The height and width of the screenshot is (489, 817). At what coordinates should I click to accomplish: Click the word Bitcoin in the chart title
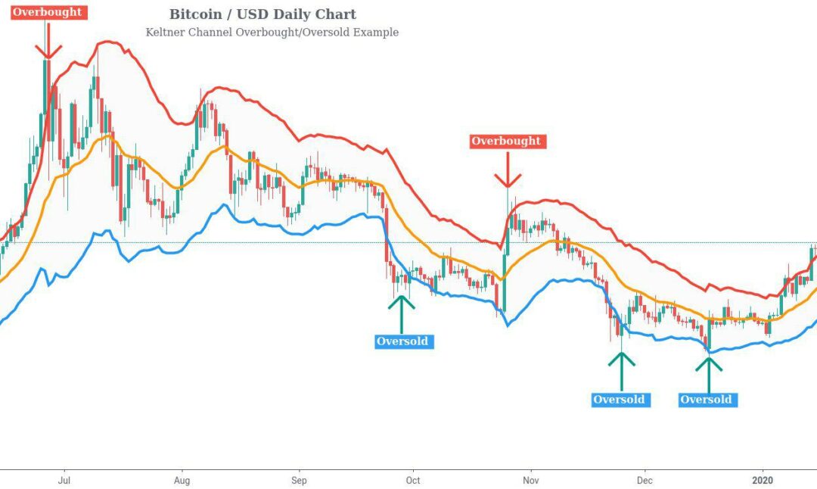(195, 14)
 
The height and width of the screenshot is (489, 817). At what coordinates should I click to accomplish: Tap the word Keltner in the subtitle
(165, 33)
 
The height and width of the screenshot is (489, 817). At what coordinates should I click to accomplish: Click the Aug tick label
(182, 480)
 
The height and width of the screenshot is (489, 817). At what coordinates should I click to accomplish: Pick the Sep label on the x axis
(299, 480)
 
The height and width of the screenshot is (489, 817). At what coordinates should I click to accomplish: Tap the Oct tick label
(413, 480)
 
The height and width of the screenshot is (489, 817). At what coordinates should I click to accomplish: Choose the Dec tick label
(645, 480)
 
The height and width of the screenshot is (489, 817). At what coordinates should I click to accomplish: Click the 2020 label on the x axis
(763, 480)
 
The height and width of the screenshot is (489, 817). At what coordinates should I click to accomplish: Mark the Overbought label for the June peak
(47, 12)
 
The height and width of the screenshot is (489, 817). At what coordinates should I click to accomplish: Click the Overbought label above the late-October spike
(506, 141)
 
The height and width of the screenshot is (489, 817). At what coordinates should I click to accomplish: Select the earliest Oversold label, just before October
(402, 341)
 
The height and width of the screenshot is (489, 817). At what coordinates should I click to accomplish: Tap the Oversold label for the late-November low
(620, 400)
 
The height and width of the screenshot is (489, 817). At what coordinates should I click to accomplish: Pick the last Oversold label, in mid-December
(707, 400)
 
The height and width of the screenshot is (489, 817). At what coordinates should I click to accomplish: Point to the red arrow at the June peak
(48, 41)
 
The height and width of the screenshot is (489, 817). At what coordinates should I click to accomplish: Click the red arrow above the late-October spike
(508, 170)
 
